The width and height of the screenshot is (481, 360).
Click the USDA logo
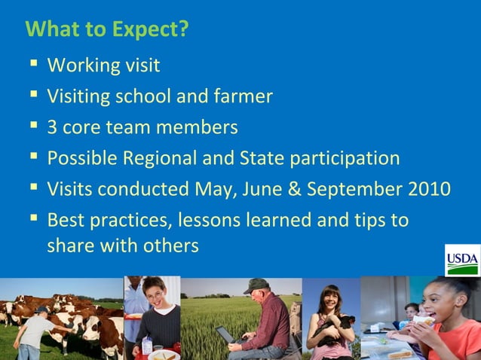[461, 261]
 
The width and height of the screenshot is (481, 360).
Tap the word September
[338, 189]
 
